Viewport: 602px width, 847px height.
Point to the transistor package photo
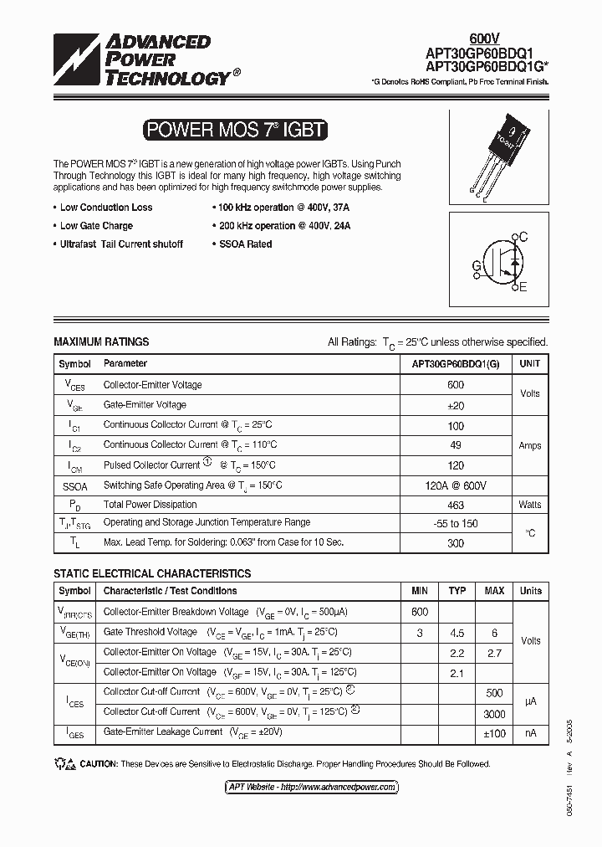498,153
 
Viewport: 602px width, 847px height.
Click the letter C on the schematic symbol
523,237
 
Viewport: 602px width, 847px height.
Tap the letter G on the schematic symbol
477,266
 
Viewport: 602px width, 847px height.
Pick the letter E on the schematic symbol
523,288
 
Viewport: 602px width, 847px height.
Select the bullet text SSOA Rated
245,244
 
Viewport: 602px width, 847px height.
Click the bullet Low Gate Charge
96,226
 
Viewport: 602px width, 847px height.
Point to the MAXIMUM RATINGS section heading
101,341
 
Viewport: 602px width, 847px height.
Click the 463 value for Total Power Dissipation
456,505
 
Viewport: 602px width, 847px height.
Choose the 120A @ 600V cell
456,485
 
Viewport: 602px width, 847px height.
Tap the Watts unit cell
530,505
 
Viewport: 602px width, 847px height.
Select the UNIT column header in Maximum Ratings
530,364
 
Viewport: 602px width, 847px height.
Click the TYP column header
457,591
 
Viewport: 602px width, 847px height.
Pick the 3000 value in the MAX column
494,714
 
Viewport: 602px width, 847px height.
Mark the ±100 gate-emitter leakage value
494,733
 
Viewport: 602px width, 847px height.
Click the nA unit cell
530,733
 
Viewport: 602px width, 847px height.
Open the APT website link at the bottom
312,788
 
